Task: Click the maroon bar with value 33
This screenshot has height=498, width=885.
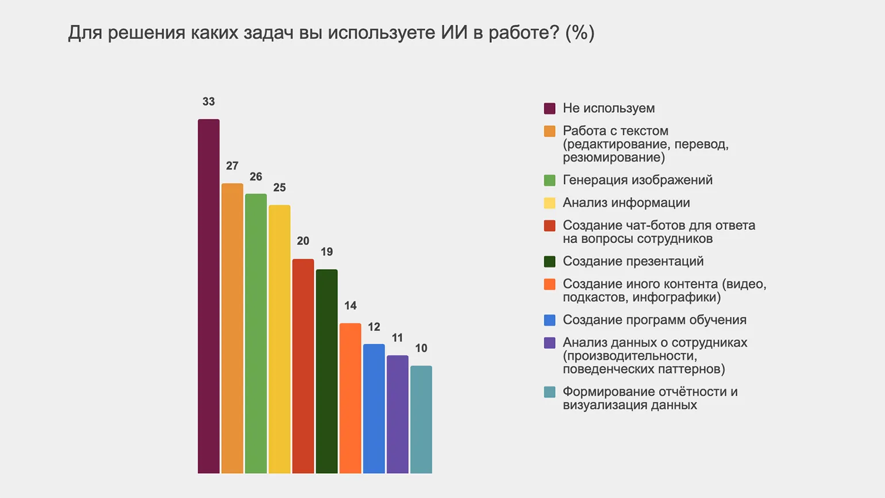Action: (x=209, y=296)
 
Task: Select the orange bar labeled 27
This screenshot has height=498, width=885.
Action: (x=232, y=328)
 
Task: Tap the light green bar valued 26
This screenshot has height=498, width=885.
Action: (x=256, y=334)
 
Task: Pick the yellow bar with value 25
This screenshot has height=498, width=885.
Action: (x=279, y=339)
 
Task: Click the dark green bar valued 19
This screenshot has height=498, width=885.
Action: (x=326, y=371)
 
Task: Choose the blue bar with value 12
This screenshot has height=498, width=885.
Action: (x=374, y=408)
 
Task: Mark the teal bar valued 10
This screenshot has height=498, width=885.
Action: (x=421, y=419)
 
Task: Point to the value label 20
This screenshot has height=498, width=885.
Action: (x=303, y=241)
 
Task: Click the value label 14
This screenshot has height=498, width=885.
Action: (x=350, y=305)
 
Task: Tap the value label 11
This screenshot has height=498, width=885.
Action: (x=397, y=338)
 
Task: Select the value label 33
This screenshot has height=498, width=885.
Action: (x=209, y=102)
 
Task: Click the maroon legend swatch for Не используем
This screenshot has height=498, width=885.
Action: (x=549, y=109)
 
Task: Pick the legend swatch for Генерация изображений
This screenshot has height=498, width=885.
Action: (x=549, y=181)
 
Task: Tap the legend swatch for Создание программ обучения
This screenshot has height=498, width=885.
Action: (x=549, y=320)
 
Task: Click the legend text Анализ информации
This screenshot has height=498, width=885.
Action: (x=626, y=202)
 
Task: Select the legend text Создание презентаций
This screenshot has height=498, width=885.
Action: (x=633, y=261)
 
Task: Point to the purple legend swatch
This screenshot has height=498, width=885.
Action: (x=549, y=343)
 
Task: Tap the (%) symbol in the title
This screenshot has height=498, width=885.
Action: (x=579, y=33)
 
